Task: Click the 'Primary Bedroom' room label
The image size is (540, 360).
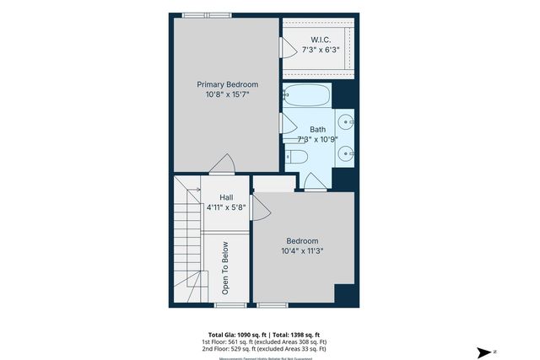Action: click(x=227, y=84)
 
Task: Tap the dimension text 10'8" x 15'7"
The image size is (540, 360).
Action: click(x=227, y=95)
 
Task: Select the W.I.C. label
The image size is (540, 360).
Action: click(x=320, y=40)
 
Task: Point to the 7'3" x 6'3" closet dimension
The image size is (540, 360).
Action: click(x=320, y=50)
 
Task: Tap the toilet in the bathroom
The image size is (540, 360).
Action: click(x=297, y=155)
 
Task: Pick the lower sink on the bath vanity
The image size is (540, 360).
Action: click(x=347, y=154)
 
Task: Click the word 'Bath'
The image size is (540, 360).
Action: click(x=317, y=129)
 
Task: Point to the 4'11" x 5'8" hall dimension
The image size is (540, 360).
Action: click(x=227, y=207)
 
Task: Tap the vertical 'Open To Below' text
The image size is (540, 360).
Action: click(x=225, y=268)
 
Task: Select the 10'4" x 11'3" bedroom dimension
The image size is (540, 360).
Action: click(x=303, y=250)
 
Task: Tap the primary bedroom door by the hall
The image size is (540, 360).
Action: click(x=222, y=164)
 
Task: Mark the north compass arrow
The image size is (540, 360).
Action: click(x=485, y=352)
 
